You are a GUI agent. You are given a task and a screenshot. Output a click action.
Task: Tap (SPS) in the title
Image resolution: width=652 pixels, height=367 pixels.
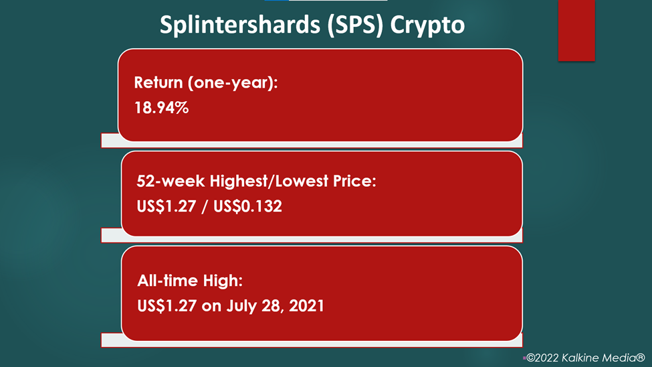354,25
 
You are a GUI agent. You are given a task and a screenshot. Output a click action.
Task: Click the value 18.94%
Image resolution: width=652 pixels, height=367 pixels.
161,108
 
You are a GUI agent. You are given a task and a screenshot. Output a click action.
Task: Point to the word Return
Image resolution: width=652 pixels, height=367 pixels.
158,82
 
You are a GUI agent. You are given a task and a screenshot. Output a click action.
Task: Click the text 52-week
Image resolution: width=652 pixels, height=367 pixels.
171,181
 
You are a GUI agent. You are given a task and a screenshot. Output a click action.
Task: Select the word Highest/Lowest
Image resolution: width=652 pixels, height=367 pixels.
269,181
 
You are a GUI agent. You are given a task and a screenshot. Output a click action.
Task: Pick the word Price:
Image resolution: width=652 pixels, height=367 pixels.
354,181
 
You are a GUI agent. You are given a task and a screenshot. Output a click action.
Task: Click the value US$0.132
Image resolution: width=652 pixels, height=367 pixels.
247,206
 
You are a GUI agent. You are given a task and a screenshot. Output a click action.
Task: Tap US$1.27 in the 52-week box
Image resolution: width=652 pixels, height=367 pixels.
167,206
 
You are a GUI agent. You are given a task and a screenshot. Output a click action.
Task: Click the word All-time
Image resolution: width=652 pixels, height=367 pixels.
168,281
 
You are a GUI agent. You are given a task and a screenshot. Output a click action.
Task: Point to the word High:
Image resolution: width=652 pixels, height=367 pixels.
223,281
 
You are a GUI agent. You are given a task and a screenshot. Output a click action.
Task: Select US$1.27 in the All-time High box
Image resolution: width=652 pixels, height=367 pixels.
167,306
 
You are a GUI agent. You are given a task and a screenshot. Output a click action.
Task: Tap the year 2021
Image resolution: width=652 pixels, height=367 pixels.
306,306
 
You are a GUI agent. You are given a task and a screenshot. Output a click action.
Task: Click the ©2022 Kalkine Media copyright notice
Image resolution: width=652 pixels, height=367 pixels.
586,358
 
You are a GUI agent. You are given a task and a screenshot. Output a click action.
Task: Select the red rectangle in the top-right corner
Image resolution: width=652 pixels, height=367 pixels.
576,30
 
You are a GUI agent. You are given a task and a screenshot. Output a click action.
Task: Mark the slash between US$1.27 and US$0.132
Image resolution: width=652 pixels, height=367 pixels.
205,207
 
